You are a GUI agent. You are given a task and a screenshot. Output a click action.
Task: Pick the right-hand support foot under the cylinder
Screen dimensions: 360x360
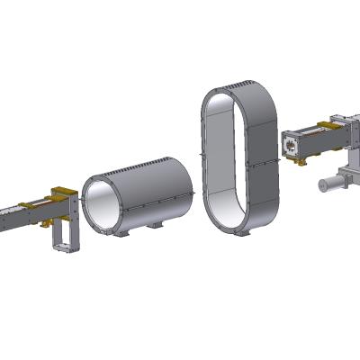point(157,225)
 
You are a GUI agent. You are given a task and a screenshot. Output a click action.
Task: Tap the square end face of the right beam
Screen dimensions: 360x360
point(292,146)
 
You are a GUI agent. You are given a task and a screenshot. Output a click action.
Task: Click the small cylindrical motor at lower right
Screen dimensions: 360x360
point(331,183)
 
